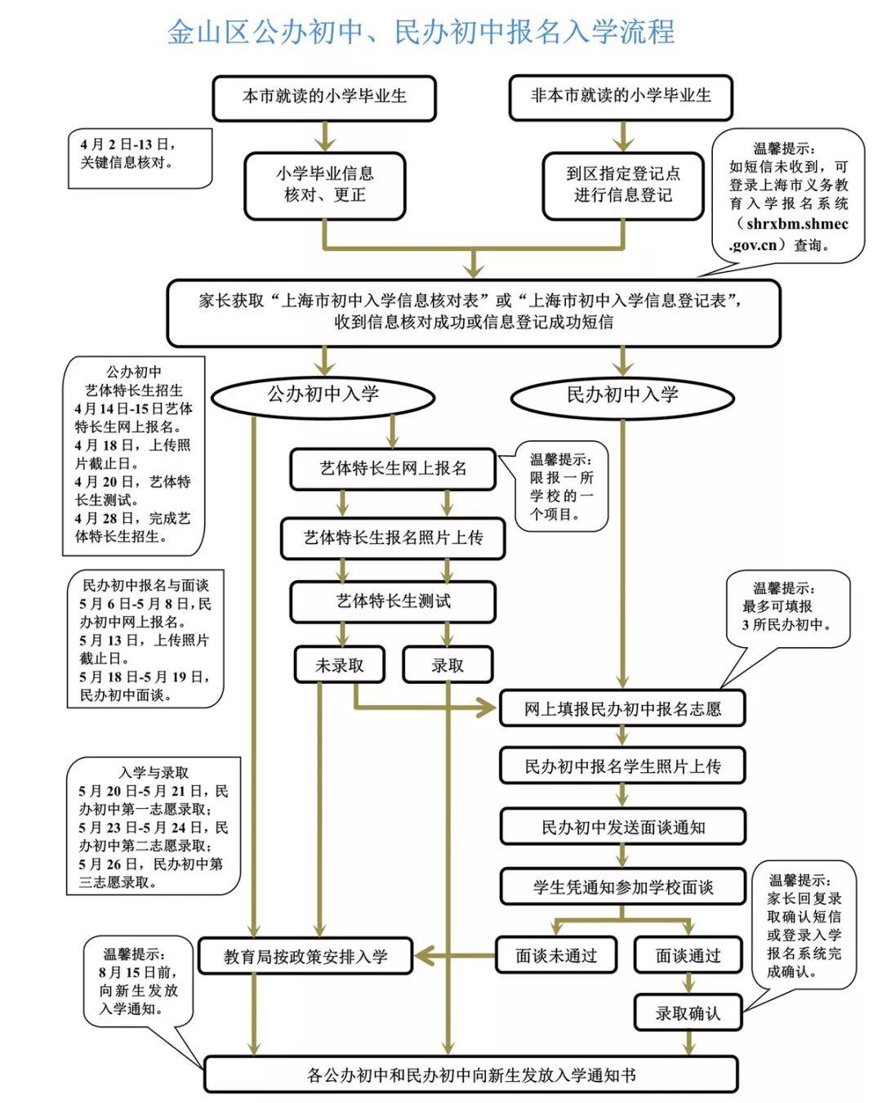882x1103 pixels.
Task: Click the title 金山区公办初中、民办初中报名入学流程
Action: point(421,32)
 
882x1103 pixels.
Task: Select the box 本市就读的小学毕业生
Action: point(324,97)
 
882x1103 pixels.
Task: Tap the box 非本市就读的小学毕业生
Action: point(621,96)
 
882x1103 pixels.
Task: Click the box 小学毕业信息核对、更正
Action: point(324,185)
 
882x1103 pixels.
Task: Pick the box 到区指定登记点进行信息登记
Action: point(622,185)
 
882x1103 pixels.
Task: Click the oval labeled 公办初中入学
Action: point(323,395)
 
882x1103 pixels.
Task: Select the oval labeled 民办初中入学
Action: point(622,396)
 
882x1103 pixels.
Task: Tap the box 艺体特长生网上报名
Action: point(393,469)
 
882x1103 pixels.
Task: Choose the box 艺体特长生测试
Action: point(393,601)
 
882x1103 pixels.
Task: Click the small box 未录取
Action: point(339,666)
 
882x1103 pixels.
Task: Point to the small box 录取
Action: point(448,666)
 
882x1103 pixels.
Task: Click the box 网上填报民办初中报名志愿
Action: point(622,709)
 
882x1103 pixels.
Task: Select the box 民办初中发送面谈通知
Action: point(622,827)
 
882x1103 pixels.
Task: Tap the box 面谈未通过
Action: point(556,955)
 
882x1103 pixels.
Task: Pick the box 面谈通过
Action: point(688,955)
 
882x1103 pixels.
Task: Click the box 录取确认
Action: point(688,1014)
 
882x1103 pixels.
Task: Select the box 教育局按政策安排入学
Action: point(305,956)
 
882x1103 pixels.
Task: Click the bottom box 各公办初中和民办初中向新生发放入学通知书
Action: point(470,1075)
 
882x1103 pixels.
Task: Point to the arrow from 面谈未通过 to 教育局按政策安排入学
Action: point(454,955)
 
